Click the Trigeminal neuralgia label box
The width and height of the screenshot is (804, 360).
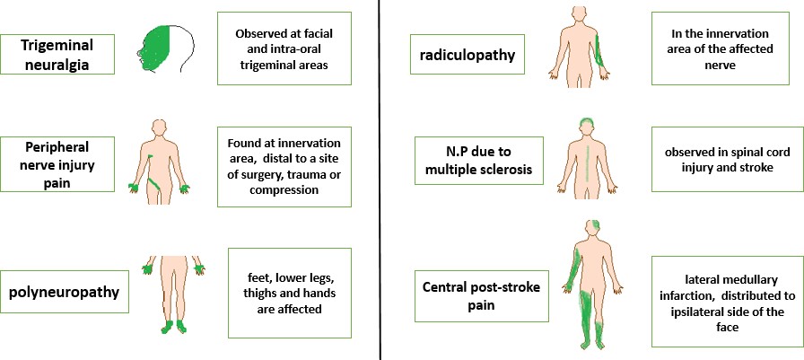pos(58,54)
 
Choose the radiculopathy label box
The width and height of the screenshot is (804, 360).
pos(467,57)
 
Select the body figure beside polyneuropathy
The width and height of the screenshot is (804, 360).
pos(175,292)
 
